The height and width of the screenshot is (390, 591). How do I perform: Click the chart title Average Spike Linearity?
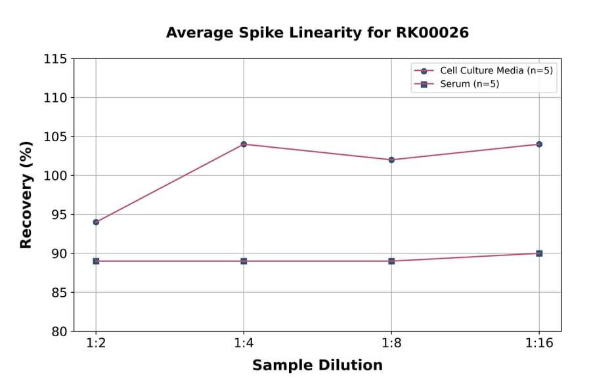coord(317,33)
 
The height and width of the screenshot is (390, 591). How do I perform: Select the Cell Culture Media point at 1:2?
coord(96,222)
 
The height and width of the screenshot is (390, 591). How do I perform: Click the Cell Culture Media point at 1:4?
coord(244,144)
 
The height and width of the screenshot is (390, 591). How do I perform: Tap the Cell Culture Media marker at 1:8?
coord(391,160)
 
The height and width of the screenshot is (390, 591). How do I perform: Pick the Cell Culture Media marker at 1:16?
coord(539,144)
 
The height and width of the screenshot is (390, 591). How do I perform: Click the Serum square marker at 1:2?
coord(96,261)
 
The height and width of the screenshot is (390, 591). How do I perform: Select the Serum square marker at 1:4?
coord(244,261)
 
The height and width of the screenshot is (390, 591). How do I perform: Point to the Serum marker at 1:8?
coord(391,261)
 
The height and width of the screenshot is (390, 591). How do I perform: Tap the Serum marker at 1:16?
coord(539,253)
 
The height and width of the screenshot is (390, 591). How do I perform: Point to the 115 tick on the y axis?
coord(55,59)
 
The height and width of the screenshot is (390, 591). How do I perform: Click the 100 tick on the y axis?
coord(55,175)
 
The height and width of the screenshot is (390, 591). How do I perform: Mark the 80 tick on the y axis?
coord(59,332)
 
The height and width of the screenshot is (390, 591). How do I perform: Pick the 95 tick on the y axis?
coord(59,215)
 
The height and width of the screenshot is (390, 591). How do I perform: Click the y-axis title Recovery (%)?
coord(26,195)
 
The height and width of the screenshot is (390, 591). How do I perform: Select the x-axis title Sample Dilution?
coord(317,366)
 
